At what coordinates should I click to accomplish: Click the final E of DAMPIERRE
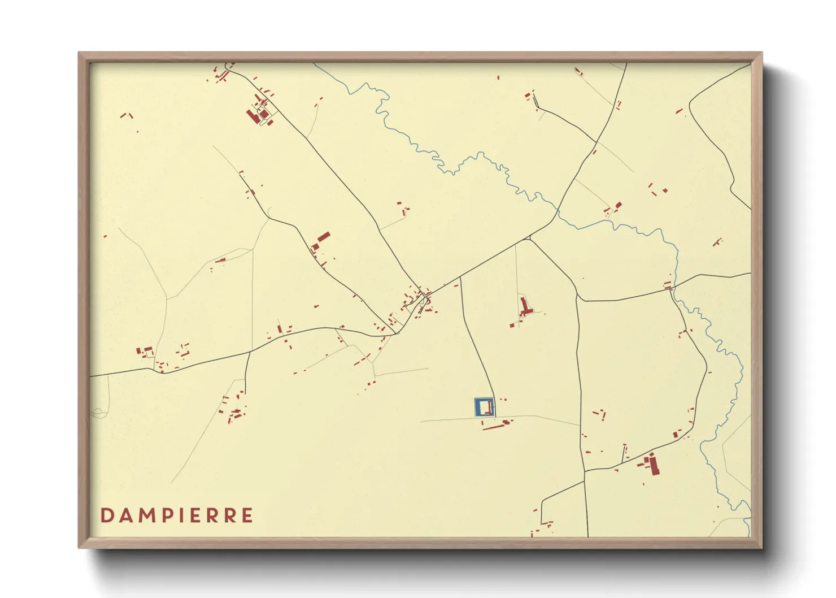(247, 515)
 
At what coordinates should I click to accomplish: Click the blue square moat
(477, 408)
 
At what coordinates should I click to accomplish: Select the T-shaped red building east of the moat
(525, 308)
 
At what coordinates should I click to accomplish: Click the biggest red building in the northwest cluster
(252, 116)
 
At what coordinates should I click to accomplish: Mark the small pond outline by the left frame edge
(99, 413)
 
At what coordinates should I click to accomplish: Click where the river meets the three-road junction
(558, 211)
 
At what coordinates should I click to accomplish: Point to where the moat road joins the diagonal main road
(460, 278)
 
